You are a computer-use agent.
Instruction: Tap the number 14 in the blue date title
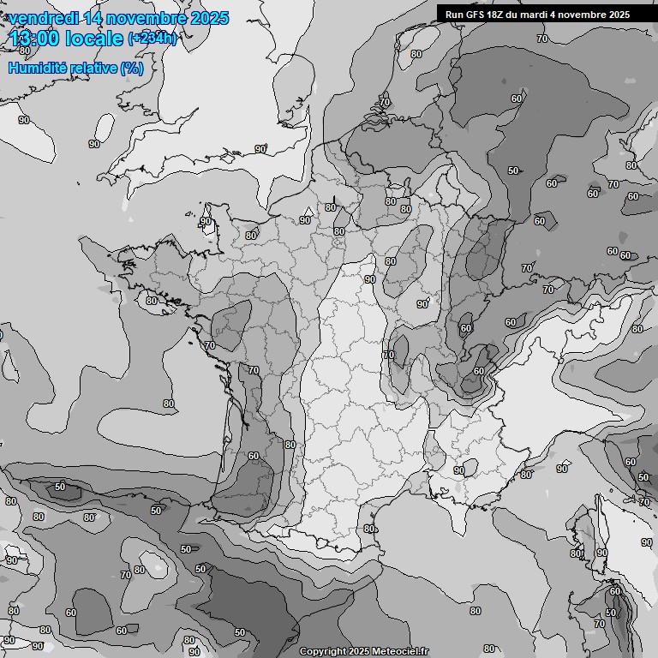click(x=98, y=18)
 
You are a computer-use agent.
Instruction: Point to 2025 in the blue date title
click(x=210, y=18)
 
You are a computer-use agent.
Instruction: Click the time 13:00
click(x=36, y=39)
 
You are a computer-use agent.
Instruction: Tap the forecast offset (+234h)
click(x=153, y=38)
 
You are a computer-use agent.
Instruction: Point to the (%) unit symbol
click(x=132, y=68)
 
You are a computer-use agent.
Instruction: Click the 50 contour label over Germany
click(x=512, y=170)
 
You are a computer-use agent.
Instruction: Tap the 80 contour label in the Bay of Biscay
click(x=169, y=404)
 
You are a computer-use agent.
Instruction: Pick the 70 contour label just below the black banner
click(x=541, y=39)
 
